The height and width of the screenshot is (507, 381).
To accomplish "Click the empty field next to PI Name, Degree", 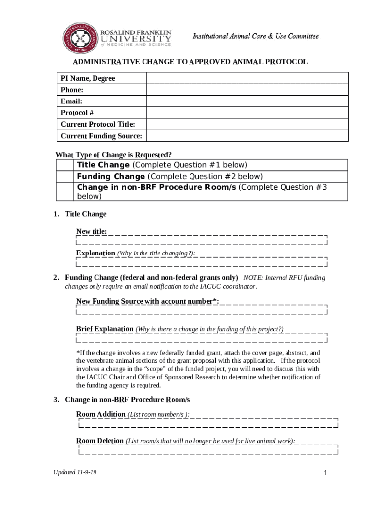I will (247, 78).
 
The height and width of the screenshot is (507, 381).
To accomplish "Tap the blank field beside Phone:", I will (247, 90).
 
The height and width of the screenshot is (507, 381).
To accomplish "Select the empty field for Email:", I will (247, 101).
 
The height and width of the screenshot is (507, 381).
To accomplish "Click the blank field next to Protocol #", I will (247, 113).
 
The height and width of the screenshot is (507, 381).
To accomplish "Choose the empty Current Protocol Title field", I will (247, 124).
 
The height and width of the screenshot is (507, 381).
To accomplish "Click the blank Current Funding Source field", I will (247, 136).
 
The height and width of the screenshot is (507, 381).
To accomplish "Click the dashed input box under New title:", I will (202, 240).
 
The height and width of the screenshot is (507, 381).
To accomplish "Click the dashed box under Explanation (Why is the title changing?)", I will (202, 261).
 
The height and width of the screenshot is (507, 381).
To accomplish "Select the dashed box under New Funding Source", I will (202, 309).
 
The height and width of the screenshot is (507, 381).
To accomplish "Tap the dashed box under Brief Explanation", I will (202, 337).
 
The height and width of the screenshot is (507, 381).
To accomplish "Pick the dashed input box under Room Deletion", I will (208, 449).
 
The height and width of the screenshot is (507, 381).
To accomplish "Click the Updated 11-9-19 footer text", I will (75, 472).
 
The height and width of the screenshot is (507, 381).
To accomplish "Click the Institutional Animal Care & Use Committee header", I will (255, 36).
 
